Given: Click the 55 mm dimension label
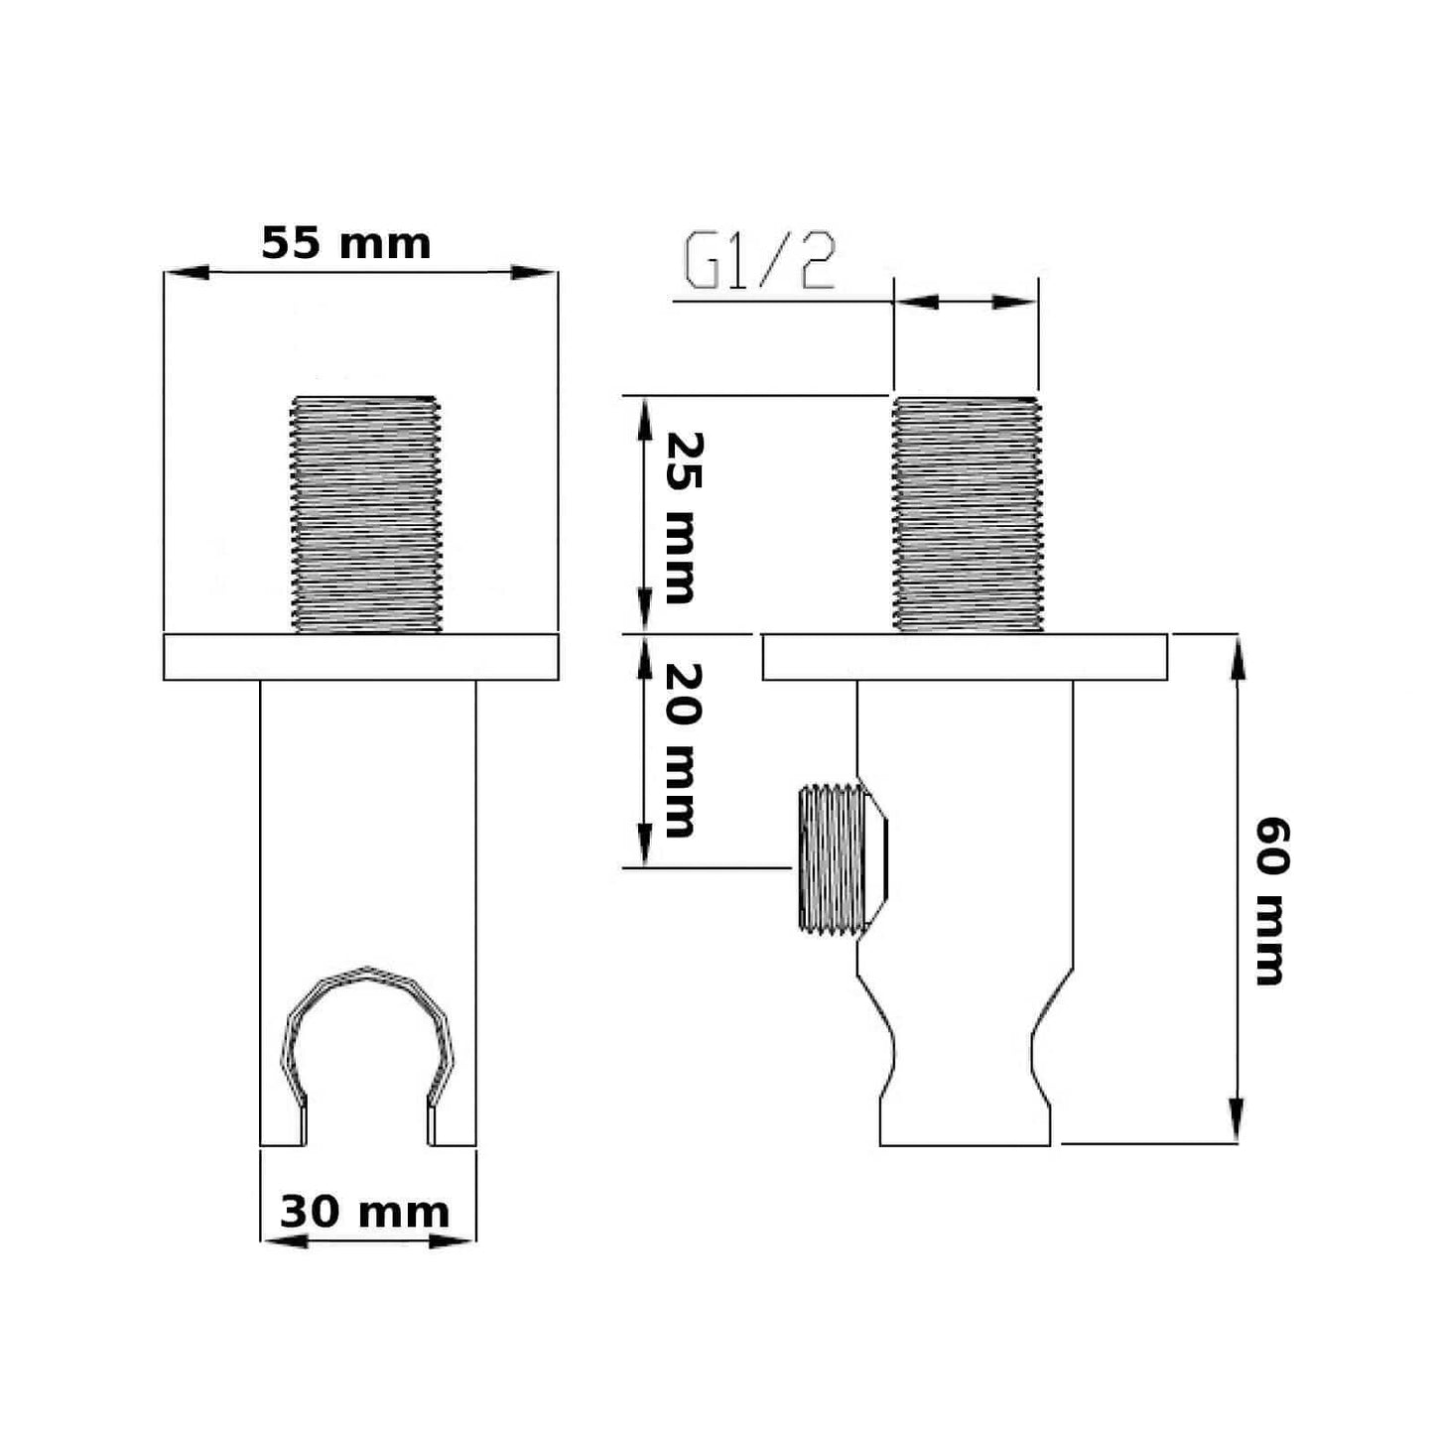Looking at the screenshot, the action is pos(346,243).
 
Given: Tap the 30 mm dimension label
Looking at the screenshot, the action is pos(364,1213).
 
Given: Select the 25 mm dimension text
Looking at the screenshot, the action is pos(683,518).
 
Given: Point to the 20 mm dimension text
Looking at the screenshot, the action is pos(683,750).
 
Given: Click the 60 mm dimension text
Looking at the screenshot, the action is pos(1272,901).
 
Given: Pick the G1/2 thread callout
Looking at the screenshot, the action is pos(760,261).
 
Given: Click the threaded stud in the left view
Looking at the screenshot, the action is pos(366,514).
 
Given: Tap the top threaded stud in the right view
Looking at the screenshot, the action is pos(967,514).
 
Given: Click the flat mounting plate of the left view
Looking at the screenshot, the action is pos(361,657).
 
